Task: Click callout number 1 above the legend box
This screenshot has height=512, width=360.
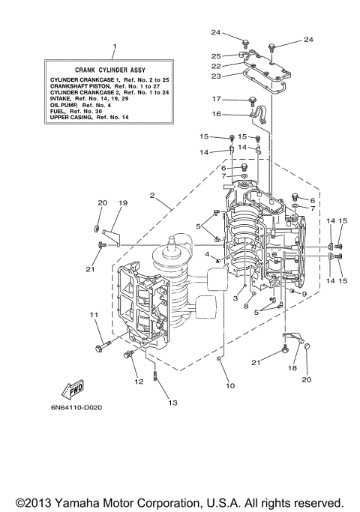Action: [x=114, y=46]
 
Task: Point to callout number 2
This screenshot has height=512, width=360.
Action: [x=152, y=196]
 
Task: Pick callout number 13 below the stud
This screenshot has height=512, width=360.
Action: [x=172, y=403]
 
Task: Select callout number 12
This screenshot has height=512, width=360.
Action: [x=138, y=382]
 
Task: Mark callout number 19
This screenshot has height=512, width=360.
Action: [x=123, y=203]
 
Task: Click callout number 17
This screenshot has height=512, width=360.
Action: [x=217, y=99]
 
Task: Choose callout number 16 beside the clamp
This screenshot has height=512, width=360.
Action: [x=217, y=114]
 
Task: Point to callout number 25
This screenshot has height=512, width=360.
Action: [x=215, y=55]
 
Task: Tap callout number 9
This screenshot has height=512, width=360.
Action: [x=304, y=293]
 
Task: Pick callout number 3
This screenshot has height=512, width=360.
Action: [x=235, y=298]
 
